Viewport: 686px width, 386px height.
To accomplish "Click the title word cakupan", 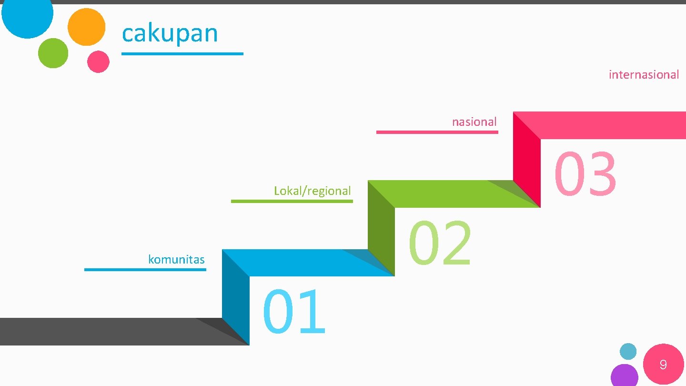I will coord(170,33).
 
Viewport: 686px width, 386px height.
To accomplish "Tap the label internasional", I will coord(644,75).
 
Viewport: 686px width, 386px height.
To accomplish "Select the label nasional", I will coord(474,122).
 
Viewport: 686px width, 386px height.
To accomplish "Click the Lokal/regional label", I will coord(312,191).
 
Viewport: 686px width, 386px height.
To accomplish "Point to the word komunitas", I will coord(176,260).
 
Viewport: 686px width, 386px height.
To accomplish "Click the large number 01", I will coord(294,312).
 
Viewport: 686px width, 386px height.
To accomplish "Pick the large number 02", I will coord(440,243).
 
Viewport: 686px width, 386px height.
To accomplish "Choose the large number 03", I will coord(585,174).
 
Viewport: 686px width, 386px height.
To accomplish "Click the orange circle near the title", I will coord(86,27).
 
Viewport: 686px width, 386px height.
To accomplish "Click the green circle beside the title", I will coord(53,53).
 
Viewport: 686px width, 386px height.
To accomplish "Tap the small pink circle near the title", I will coord(98,61).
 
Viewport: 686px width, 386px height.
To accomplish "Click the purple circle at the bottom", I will coord(624,376).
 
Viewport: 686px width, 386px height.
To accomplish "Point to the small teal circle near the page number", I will coord(628,352).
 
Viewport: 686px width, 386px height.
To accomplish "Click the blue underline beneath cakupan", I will coord(182,54).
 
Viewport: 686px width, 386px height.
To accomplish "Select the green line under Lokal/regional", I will coord(292,201).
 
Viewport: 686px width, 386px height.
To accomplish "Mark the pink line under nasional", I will coord(437,132).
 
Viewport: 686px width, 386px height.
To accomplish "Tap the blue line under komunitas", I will coord(145,270).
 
